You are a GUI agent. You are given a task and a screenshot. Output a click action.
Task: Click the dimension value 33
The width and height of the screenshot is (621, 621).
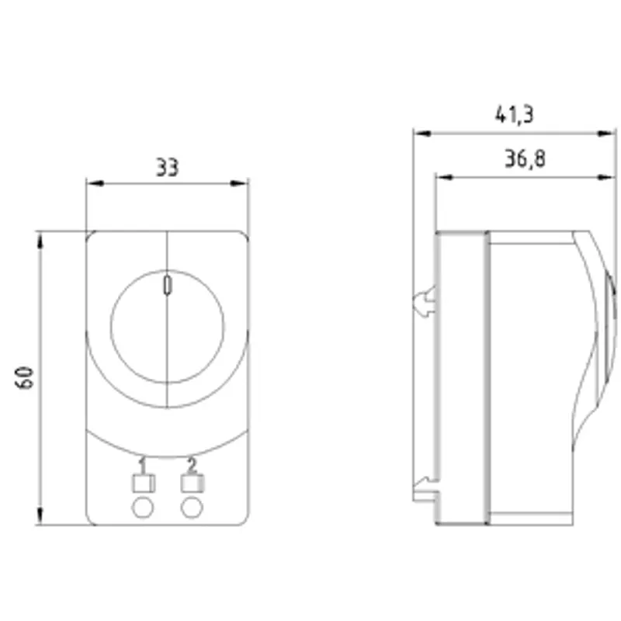tap(167, 167)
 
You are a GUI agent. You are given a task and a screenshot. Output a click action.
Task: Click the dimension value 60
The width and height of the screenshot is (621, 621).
tap(25, 378)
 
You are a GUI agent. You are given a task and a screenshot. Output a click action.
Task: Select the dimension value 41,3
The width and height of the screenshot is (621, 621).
tap(515, 114)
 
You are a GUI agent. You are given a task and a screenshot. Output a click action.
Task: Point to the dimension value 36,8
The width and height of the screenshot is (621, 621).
tap(526, 158)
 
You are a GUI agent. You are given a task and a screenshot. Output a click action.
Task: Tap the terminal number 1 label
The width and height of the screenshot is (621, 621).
tap(142, 465)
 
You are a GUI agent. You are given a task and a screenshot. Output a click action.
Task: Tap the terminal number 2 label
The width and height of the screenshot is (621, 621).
tap(192, 465)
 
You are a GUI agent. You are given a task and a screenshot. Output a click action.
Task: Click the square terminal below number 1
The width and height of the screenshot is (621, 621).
tap(144, 483)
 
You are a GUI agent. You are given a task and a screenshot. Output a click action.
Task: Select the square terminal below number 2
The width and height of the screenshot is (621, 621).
tap(193, 483)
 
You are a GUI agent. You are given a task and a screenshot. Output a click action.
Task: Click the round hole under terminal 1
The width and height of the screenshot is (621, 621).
tap(143, 508)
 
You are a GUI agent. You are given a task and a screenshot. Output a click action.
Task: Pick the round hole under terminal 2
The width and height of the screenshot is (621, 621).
tap(192, 508)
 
